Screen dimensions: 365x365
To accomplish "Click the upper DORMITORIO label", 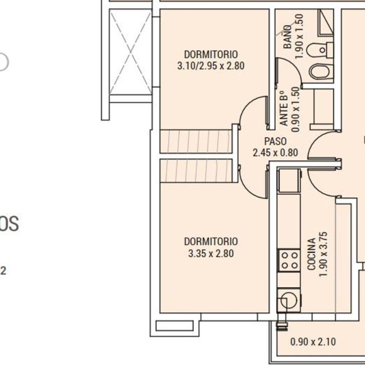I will [x=211, y=54].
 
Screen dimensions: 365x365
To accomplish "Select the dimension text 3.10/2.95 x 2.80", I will [x=211, y=66].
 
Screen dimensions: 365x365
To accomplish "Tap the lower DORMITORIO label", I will [x=211, y=242].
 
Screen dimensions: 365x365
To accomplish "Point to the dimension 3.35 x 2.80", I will [x=211, y=254].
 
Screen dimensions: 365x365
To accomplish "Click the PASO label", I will [x=275, y=142].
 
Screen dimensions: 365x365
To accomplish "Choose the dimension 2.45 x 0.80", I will [x=275, y=153].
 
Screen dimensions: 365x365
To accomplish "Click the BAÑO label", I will [x=288, y=38].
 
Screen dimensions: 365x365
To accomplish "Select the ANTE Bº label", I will [x=284, y=108].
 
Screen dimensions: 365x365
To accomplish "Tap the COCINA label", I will [x=312, y=254].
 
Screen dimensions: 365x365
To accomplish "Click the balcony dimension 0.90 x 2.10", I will [x=313, y=342].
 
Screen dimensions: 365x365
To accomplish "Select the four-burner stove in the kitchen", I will [x=289, y=260].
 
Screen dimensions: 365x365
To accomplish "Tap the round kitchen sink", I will [x=288, y=300].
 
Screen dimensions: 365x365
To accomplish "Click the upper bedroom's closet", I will [x=196, y=141].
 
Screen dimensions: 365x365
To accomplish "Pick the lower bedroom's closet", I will [x=196, y=171].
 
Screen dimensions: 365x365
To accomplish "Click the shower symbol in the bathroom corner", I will [x=326, y=22].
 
